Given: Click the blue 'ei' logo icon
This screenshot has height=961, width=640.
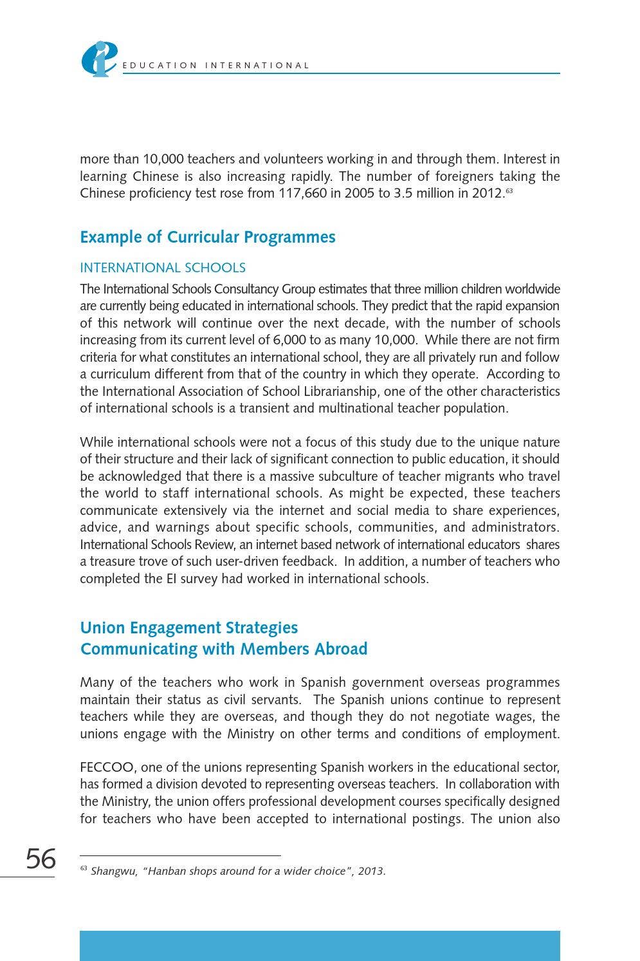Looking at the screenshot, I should (99, 59).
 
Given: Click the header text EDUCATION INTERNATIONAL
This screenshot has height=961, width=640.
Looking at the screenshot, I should (216, 66).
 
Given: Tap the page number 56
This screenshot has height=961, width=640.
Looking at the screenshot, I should (41, 859).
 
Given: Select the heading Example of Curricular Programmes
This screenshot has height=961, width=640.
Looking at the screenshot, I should (208, 237).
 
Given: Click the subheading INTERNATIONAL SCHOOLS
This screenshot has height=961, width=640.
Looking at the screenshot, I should (163, 268).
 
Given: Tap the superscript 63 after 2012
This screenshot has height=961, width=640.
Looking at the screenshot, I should (509, 191).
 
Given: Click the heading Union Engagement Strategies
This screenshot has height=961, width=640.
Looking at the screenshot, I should (189, 628).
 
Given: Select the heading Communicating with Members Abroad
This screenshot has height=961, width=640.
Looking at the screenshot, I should (224, 649).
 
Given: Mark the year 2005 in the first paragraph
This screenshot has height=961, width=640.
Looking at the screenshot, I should (359, 193).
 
